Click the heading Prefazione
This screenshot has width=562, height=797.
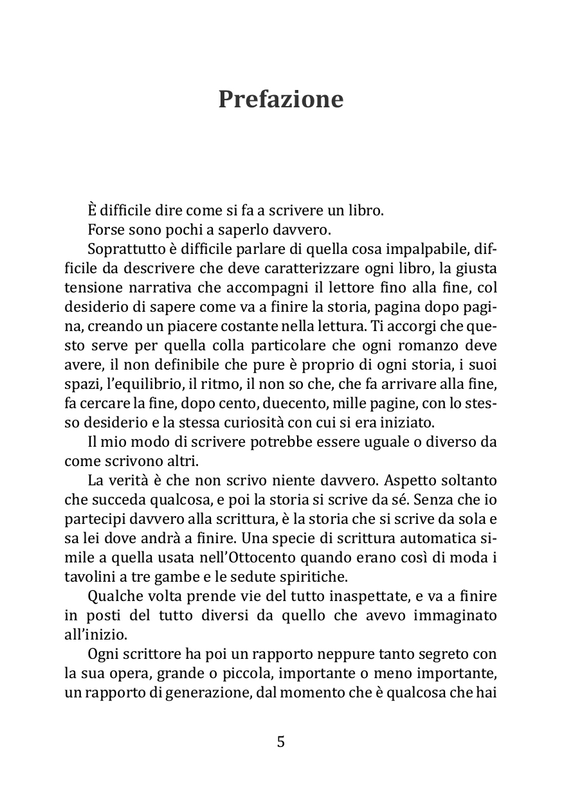280,100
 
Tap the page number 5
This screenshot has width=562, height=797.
280,742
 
